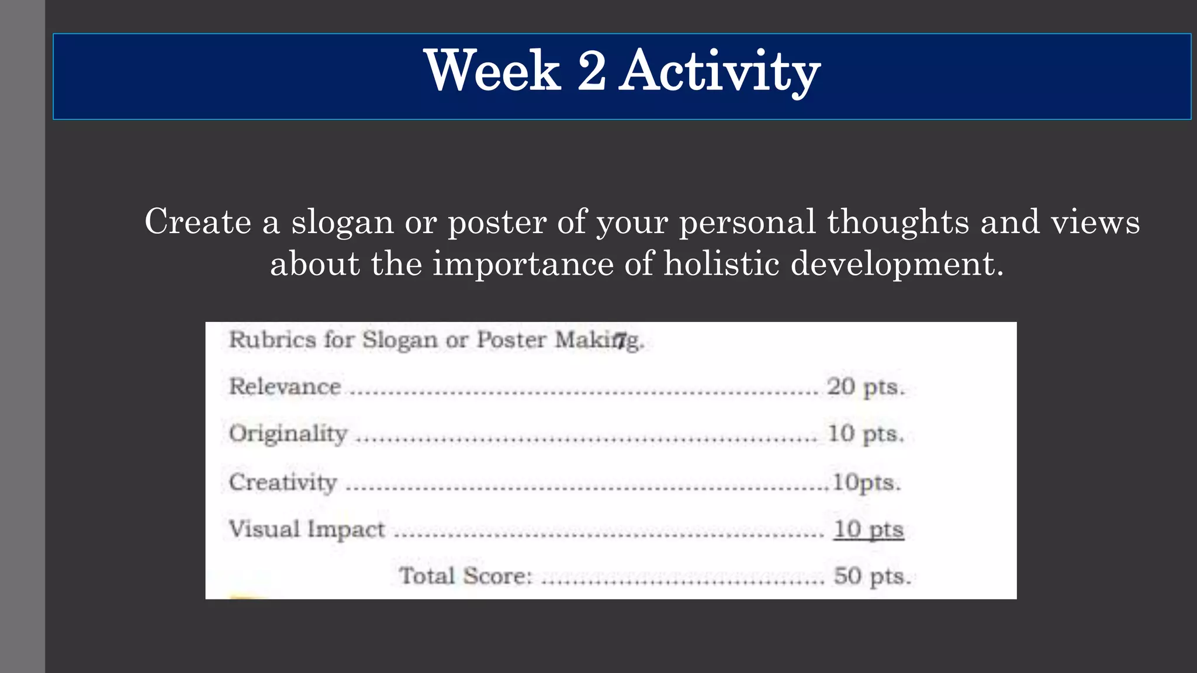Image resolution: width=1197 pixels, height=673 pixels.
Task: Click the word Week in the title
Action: (492, 71)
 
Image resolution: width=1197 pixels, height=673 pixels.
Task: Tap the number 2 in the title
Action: (591, 71)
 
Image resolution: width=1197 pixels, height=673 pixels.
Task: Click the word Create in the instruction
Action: (198, 222)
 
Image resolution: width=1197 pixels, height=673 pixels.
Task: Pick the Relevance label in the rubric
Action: (285, 387)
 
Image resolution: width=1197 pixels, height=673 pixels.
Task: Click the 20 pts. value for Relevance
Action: (866, 387)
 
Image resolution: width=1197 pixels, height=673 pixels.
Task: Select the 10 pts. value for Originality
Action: (866, 434)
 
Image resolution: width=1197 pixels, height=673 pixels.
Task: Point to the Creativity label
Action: (283, 483)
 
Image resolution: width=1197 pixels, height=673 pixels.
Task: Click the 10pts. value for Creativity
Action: (866, 483)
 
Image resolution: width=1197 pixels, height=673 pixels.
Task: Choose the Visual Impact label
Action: (307, 529)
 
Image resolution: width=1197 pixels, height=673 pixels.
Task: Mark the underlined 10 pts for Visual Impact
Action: (868, 529)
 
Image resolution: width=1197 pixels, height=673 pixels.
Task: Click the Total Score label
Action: (465, 576)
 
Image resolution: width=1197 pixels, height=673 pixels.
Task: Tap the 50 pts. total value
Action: (871, 576)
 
